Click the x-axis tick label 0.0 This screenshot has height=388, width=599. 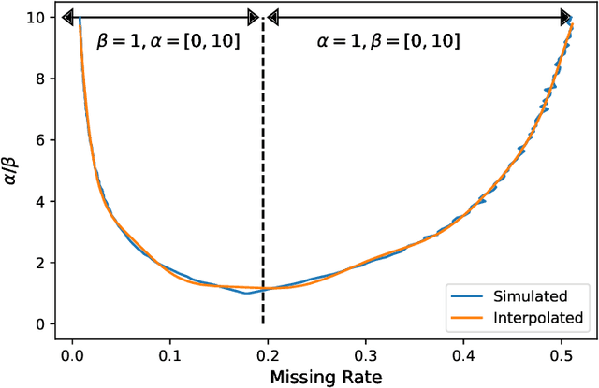[x=71, y=354]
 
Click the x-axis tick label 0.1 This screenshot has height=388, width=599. [x=169, y=354]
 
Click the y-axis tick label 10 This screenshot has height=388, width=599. [x=36, y=18]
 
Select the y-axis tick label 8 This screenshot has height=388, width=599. [x=39, y=79]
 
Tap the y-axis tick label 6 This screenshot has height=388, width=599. [x=39, y=140]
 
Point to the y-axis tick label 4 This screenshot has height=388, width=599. [x=39, y=202]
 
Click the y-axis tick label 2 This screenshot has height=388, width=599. [x=39, y=263]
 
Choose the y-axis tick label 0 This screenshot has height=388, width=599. [x=39, y=324]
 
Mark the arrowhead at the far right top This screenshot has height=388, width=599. [x=565, y=17]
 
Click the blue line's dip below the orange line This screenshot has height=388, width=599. [x=246, y=293]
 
